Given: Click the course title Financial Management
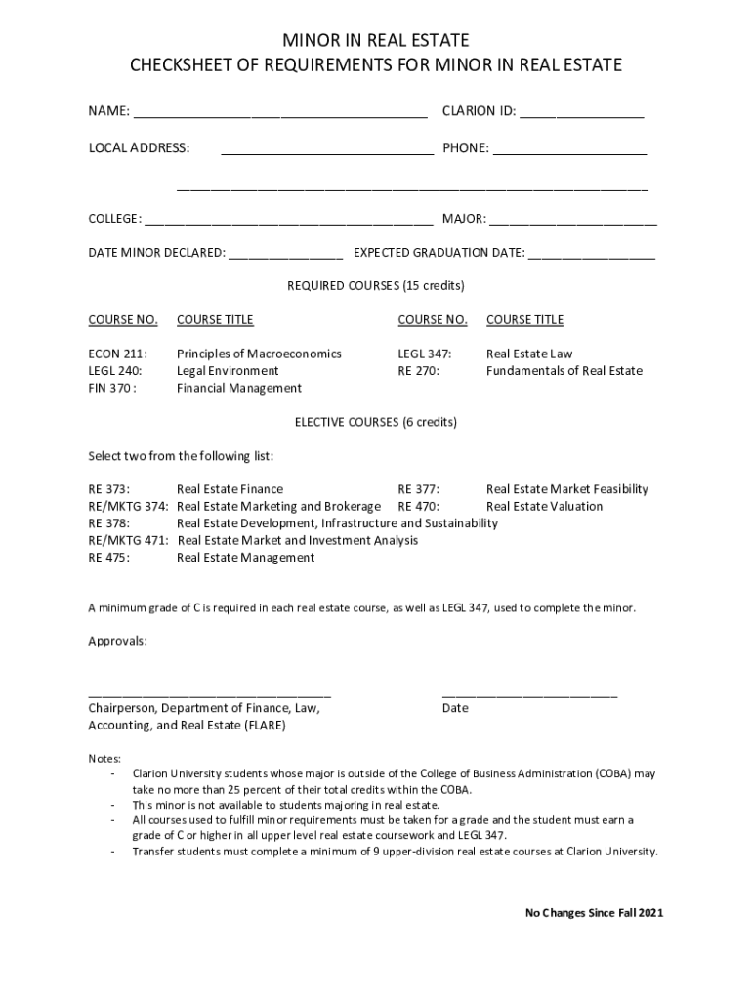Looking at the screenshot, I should point(239,388).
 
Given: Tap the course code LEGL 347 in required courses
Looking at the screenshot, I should point(424,354).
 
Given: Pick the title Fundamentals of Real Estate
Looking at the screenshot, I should point(564,370).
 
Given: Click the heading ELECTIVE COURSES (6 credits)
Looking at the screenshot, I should point(376,422).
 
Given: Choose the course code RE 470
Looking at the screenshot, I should point(418,506).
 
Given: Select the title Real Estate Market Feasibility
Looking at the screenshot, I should point(566,489).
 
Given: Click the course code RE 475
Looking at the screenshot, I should point(109,558).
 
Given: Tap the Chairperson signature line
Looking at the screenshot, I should point(209,693).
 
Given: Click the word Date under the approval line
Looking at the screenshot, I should point(455,708).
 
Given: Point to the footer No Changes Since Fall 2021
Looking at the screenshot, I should point(594,913).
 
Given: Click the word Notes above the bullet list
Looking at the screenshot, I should point(104,759).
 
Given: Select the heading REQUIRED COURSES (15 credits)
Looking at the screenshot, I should point(376,286).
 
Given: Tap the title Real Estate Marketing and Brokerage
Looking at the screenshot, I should point(278,506).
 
